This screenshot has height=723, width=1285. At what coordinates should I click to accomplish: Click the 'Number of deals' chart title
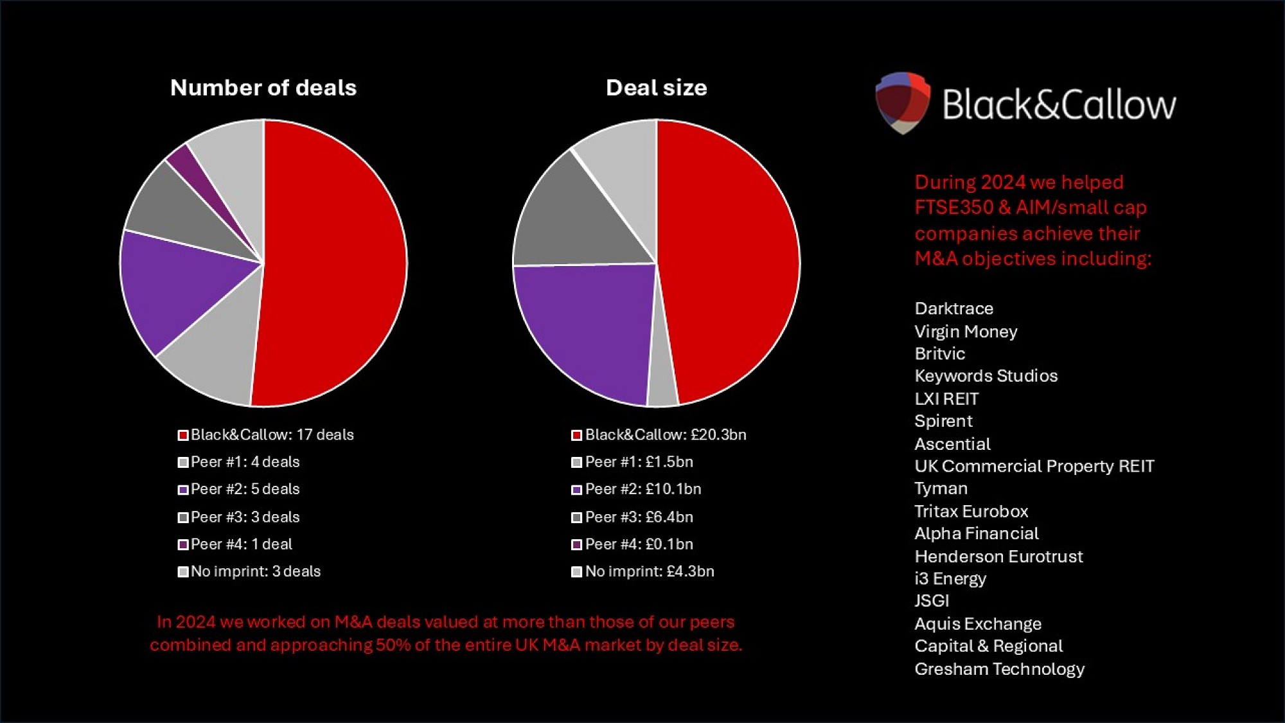click(263, 87)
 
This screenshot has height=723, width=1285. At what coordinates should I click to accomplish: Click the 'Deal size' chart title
click(656, 87)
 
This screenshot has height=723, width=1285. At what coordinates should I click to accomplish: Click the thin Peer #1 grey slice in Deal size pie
click(662, 379)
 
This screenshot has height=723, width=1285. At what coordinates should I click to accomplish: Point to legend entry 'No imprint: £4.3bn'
click(642, 571)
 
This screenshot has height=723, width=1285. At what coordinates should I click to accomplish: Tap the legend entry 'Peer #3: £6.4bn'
click(632, 517)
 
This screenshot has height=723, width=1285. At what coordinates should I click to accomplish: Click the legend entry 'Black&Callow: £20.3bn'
click(659, 435)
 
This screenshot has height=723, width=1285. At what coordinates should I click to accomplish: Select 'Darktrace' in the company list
click(953, 308)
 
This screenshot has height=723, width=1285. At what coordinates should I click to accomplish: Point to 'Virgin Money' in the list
click(966, 332)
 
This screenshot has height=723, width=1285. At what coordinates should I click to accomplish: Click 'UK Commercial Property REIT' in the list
click(1034, 466)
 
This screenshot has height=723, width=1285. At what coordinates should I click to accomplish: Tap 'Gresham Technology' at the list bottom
click(999, 669)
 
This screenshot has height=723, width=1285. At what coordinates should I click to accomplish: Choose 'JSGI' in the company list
click(932, 601)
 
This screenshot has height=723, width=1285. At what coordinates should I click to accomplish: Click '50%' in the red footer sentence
click(393, 645)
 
